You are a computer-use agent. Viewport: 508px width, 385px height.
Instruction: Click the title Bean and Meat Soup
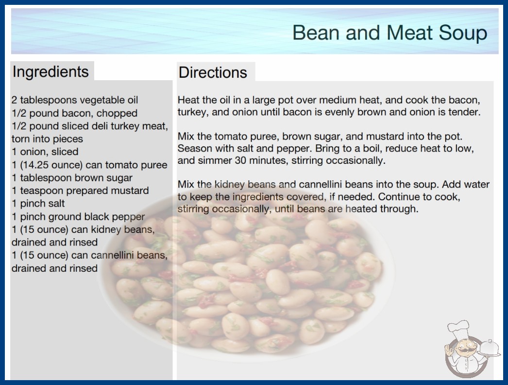tap(390, 33)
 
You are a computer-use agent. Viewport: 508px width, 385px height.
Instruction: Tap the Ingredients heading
tap(51, 72)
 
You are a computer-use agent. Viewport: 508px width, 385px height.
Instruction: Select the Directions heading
tap(213, 72)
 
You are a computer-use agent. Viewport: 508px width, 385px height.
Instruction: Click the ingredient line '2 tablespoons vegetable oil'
tap(75, 100)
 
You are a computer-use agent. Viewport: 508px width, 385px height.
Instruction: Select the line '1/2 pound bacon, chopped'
tap(74, 113)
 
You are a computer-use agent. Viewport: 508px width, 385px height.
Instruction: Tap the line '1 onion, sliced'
tap(45, 152)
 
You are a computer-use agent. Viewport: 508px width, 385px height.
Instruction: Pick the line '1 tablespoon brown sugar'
tap(72, 178)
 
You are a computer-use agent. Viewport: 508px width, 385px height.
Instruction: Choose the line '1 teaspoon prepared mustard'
tap(80, 191)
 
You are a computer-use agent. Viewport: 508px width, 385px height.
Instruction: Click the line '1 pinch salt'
tap(38, 203)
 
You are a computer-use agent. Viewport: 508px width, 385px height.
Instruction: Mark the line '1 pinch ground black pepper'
tap(78, 216)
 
